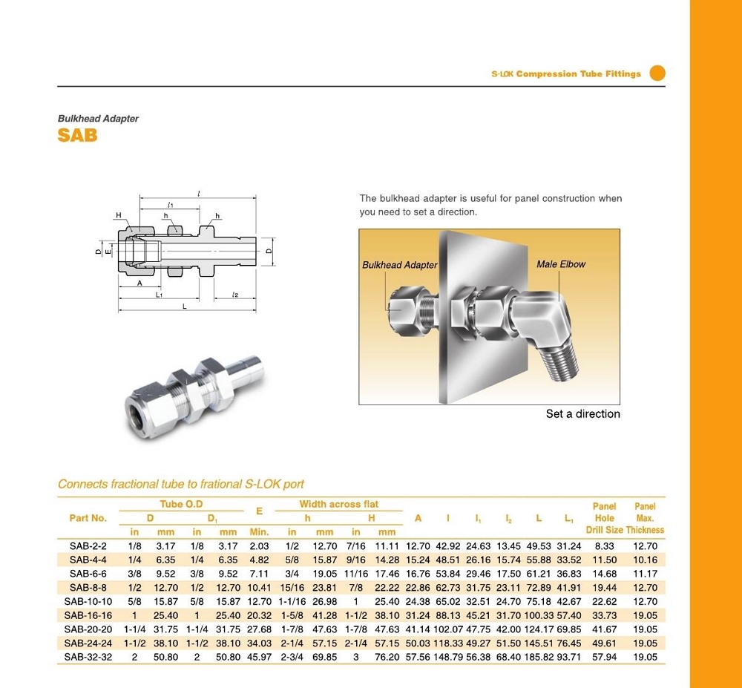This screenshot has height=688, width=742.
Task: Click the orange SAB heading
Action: [x=77, y=136]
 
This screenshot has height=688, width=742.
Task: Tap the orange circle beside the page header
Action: [x=657, y=73]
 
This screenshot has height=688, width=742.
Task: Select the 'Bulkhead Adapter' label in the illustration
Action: [x=399, y=265]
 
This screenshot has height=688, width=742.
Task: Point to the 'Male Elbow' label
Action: [x=560, y=264]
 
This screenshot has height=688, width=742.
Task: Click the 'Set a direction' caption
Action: [x=582, y=414]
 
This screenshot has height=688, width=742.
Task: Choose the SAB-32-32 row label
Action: [x=88, y=657]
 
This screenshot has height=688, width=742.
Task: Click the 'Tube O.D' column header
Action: [x=181, y=504]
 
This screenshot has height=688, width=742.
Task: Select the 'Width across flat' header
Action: [x=338, y=504]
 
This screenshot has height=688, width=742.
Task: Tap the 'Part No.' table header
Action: [x=88, y=518]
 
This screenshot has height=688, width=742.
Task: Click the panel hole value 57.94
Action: [x=605, y=657]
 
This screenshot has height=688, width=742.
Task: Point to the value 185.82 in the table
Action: [x=539, y=657]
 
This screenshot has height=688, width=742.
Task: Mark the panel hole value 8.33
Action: [x=605, y=546]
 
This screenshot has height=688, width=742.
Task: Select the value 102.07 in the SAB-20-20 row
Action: [x=448, y=629]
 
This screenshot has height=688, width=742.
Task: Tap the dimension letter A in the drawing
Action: [x=139, y=283]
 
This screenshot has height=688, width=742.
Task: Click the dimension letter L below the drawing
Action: [x=184, y=306]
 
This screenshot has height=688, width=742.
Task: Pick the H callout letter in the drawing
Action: [x=118, y=215]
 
